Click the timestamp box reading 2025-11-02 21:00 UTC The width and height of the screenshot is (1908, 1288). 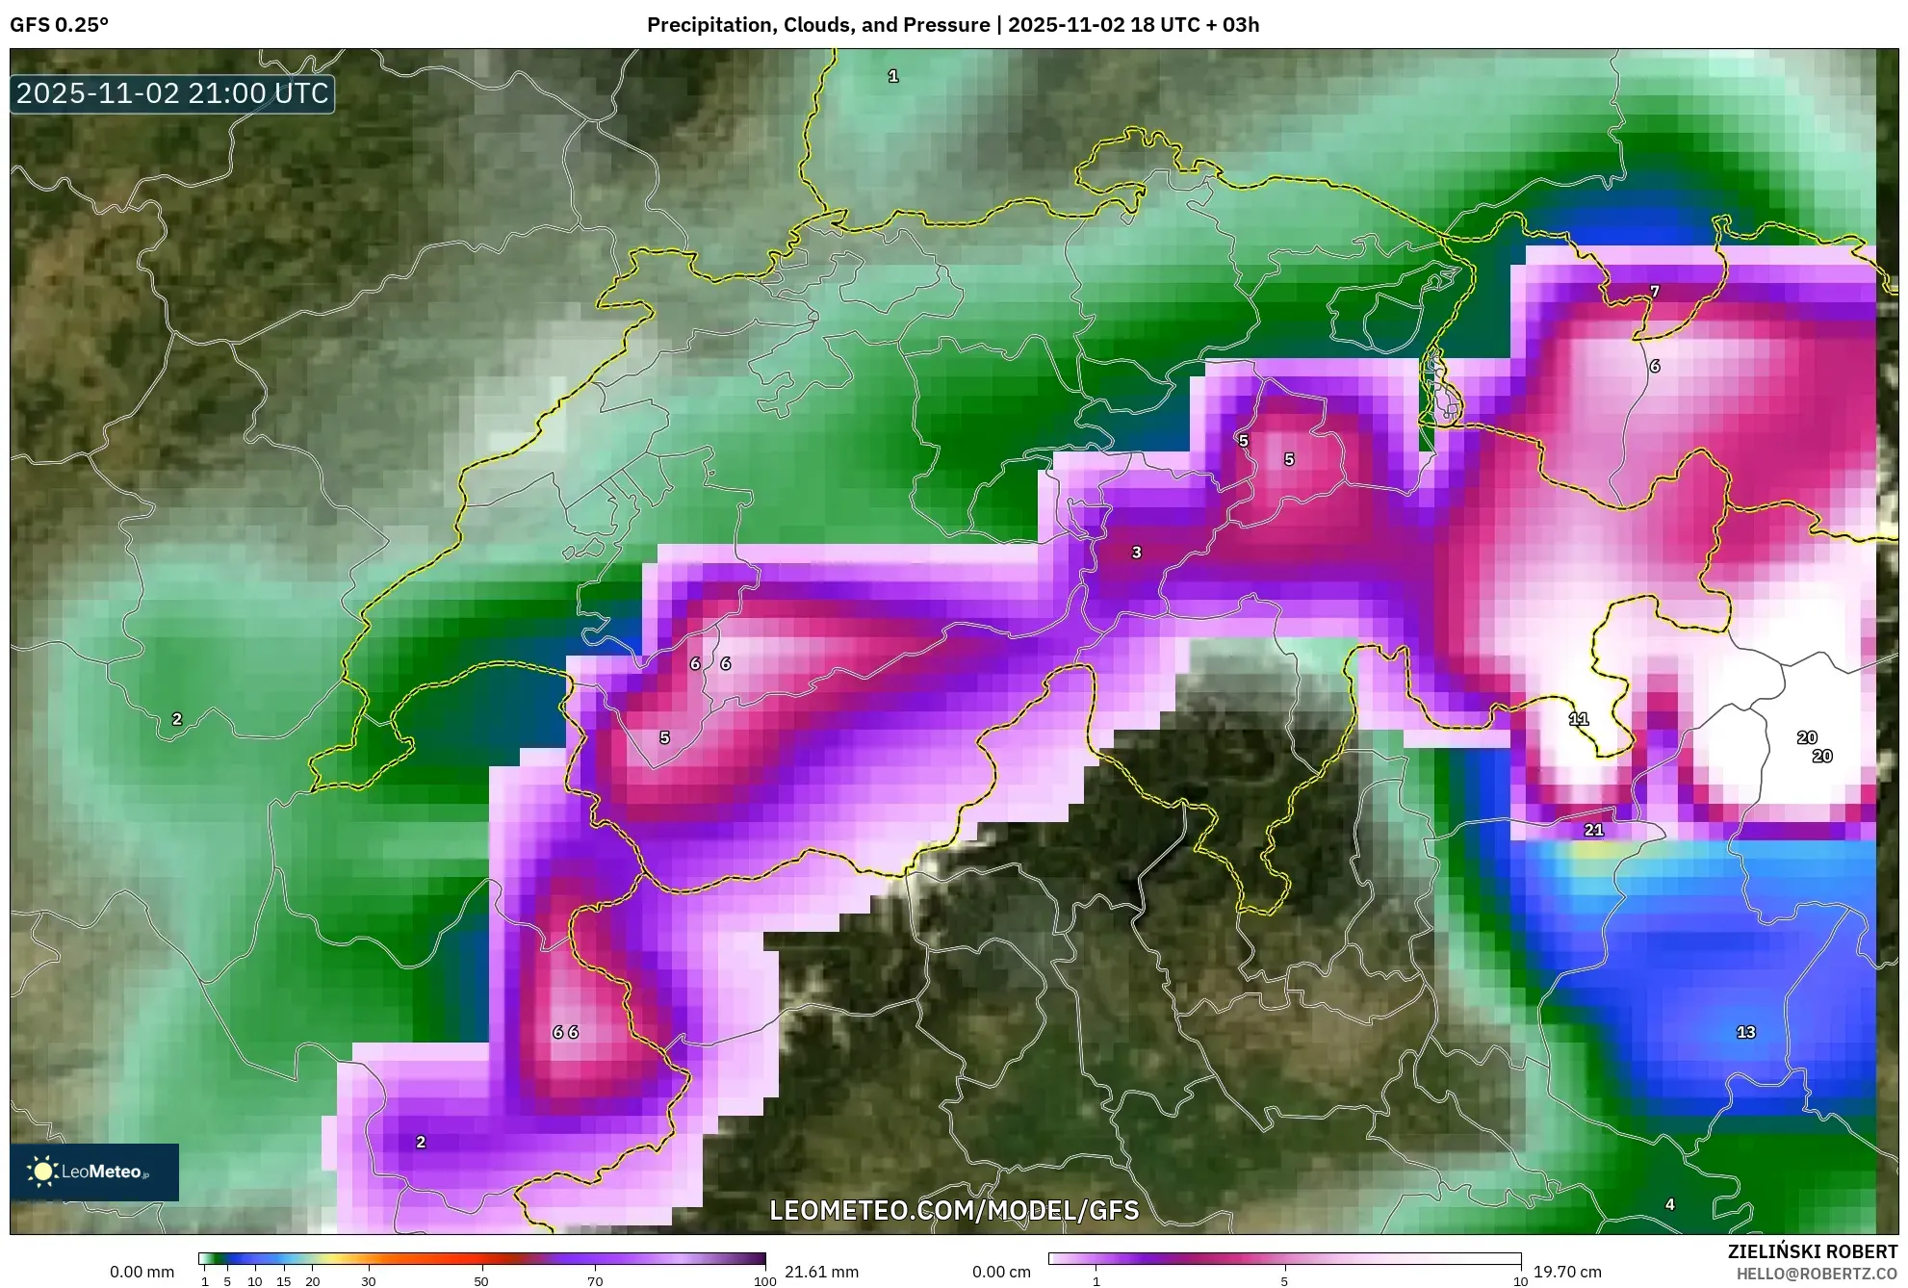click(172, 93)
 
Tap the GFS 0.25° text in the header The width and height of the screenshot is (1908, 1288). click(59, 24)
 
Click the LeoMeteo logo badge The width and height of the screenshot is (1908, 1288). click(94, 1172)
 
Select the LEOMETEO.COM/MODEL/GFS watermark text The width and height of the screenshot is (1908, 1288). click(954, 1210)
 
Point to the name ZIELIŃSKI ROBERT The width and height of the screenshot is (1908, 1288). click(1812, 1251)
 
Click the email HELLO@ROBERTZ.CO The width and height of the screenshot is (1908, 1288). click(1816, 1274)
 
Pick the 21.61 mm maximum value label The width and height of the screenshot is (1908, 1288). click(821, 1272)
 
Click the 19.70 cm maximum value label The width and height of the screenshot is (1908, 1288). click(1567, 1272)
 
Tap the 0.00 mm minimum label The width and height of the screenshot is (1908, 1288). click(142, 1272)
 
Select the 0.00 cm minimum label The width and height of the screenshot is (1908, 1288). click(1001, 1272)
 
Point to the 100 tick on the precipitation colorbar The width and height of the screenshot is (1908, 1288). click(764, 1281)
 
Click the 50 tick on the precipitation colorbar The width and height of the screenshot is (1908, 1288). click(481, 1281)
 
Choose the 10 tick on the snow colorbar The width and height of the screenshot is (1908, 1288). click(1520, 1281)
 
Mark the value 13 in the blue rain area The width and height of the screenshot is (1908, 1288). click(1745, 1032)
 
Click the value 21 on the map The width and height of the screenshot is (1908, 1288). click(1594, 829)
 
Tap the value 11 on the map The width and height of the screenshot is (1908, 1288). click(1579, 719)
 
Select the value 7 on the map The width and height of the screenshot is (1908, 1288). click(1655, 291)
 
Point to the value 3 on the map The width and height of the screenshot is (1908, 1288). click(1137, 553)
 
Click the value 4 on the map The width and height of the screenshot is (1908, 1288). click(1670, 1204)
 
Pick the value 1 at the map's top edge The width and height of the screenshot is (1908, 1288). click(893, 76)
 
